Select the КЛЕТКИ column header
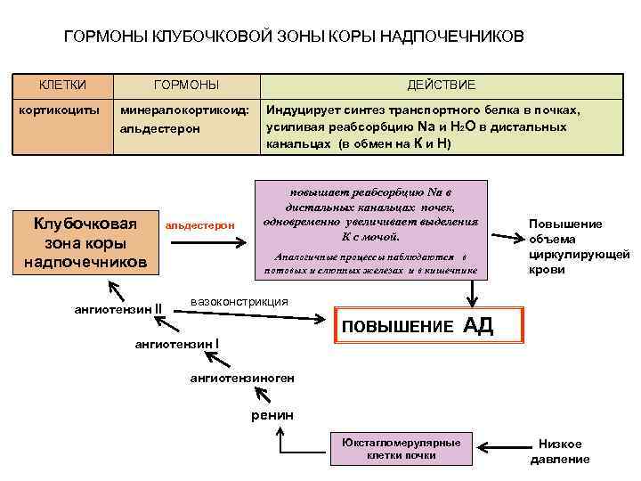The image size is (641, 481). click(x=61, y=85)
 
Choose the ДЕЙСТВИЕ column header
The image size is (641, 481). click(x=441, y=85)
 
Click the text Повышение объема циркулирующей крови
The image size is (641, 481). click(x=566, y=247)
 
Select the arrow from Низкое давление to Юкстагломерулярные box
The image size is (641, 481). click(x=499, y=449)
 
